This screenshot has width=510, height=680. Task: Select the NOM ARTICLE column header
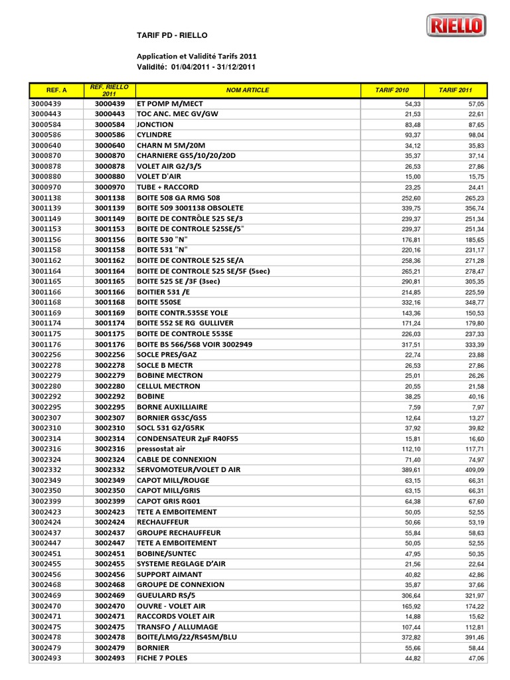pos(247,90)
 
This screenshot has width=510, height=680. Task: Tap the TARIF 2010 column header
pos(392,90)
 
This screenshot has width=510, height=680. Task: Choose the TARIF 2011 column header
pos(456,90)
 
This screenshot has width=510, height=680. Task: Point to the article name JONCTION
pos(155,124)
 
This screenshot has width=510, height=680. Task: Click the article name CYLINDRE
pos(155,135)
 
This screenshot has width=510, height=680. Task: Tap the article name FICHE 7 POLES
pos(162,658)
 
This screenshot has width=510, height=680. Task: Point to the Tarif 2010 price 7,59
pos(414,407)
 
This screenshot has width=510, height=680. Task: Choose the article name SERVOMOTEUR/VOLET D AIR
pos(189,469)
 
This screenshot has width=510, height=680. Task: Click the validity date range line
pos(196,66)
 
